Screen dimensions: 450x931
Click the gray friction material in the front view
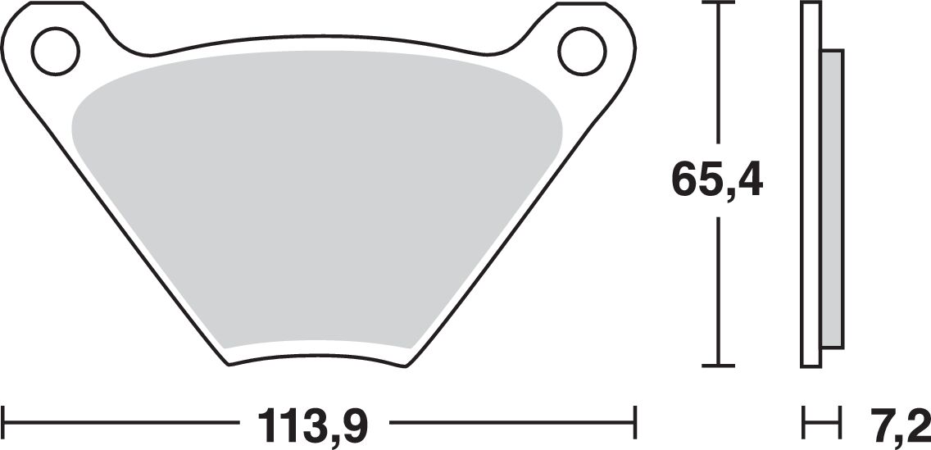tap(316, 205)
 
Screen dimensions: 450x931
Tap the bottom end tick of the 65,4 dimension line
tap(719, 364)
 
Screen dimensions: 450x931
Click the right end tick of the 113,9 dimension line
tap(636, 424)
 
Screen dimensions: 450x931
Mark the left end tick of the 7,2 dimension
tap(804, 424)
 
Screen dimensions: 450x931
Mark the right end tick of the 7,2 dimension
tap(841, 424)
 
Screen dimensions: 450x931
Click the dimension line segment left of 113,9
tap(123, 424)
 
